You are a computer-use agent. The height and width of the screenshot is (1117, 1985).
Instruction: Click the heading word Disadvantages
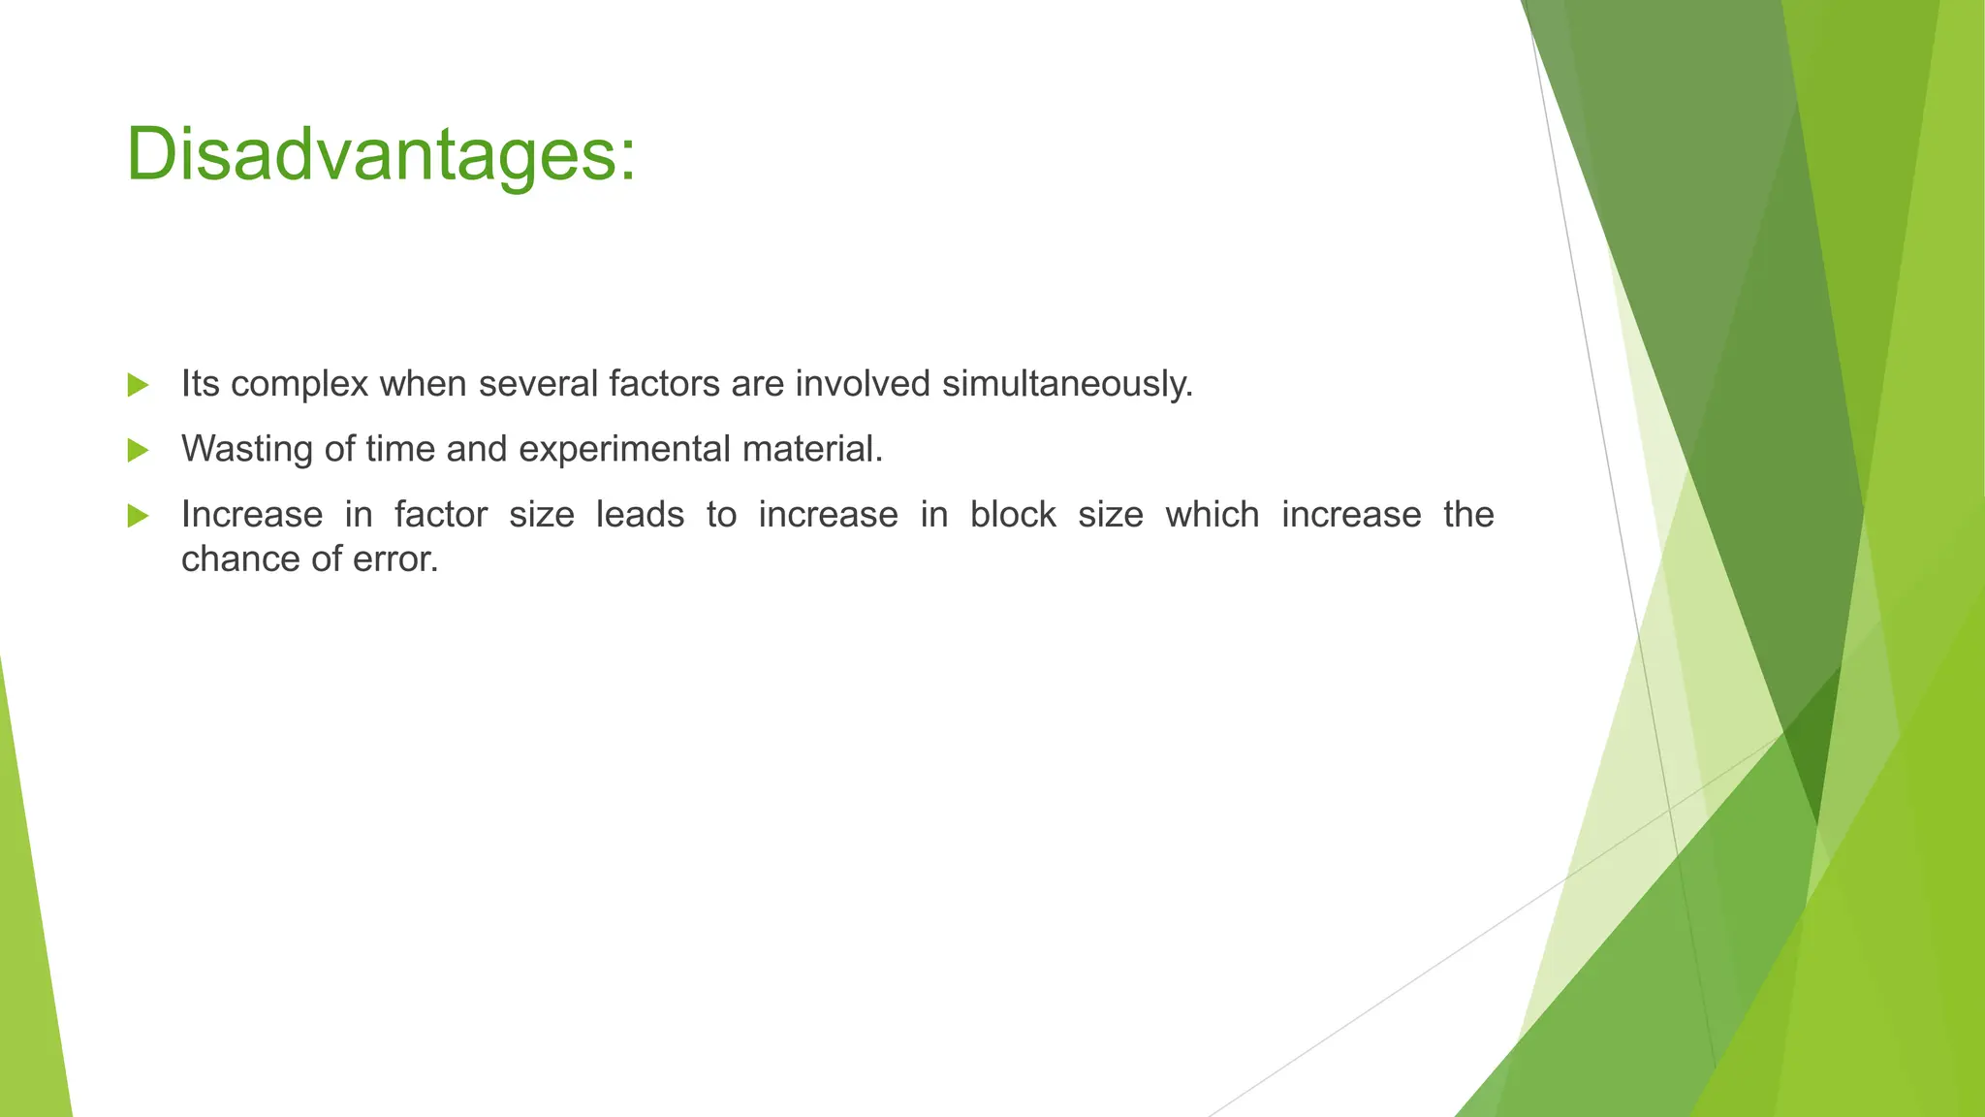(368, 155)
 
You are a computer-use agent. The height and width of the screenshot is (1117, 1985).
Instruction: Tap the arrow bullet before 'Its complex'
(138, 385)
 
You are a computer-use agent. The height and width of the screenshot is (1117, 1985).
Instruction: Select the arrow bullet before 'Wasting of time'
(138, 450)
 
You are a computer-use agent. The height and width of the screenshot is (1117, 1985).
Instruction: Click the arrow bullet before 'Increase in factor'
(138, 516)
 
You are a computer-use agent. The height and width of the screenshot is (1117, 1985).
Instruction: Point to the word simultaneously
(1066, 385)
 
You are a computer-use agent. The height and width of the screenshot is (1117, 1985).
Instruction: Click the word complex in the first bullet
(299, 385)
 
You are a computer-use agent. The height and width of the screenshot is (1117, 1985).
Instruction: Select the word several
(538, 385)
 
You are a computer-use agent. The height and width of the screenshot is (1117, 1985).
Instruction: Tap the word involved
(863, 385)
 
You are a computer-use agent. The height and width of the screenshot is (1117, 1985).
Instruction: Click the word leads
(640, 515)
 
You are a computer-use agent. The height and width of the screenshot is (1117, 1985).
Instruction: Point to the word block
(1013, 515)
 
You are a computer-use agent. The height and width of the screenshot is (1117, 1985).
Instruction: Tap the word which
(1212, 515)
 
